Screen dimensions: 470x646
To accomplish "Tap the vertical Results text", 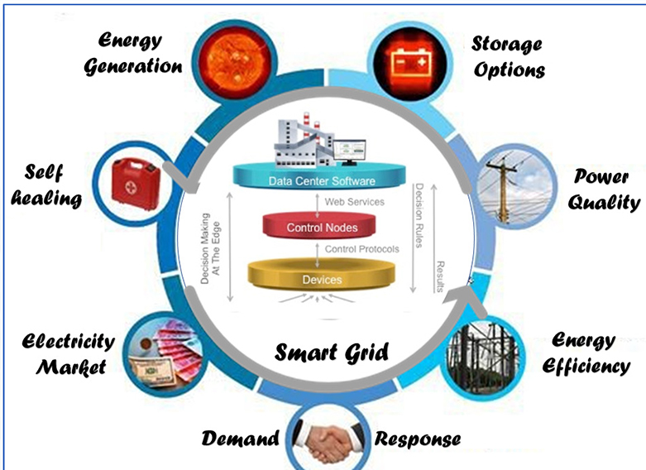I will (440, 272).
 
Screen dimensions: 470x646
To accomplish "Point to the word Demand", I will (239, 438).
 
